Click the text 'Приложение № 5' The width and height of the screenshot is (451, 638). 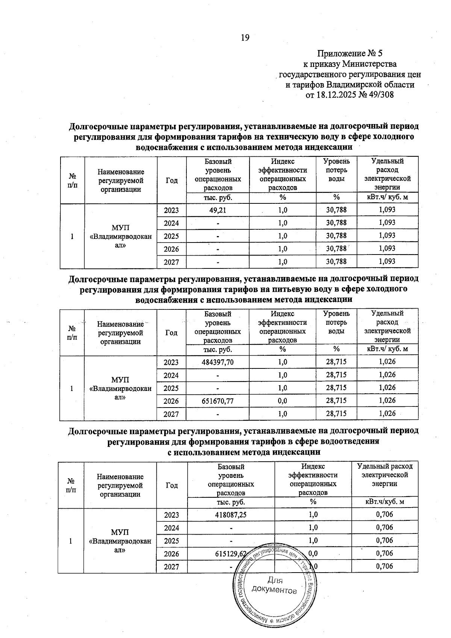click(350, 53)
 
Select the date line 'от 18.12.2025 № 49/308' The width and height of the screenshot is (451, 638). click(350, 95)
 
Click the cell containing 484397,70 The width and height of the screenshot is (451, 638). click(218, 362)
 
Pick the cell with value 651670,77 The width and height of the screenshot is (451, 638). click(218, 401)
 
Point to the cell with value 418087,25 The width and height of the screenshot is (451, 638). click(231, 515)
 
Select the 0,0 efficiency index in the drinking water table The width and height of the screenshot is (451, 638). click(282, 401)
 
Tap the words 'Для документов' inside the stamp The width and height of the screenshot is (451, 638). click(274, 585)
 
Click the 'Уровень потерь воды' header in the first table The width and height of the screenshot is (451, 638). click(336, 170)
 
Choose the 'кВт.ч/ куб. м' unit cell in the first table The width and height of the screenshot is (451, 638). click(387, 198)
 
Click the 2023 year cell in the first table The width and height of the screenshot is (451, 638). click(171, 210)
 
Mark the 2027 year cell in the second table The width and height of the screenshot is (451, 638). click(171, 414)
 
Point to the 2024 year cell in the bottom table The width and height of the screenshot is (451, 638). click(172, 528)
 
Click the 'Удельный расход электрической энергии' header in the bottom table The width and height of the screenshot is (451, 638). click(384, 475)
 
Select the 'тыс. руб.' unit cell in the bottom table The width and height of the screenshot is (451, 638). click(231, 502)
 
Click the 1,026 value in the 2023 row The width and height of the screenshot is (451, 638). click(387, 362)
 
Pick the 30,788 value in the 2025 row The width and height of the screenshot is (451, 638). click(336, 236)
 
